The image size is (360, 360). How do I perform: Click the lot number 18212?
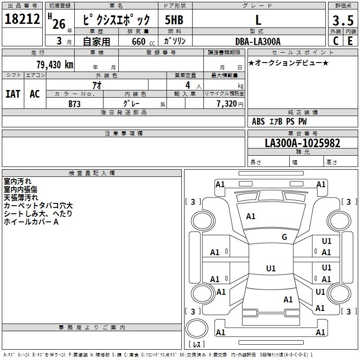[x=22, y=19]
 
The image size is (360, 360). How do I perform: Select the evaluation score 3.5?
[x=343, y=21]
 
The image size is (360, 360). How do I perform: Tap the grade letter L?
[x=258, y=20]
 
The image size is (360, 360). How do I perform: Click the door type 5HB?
[x=175, y=20]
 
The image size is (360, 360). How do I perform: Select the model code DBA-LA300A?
[x=258, y=41]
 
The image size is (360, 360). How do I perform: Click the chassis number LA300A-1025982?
[x=302, y=144]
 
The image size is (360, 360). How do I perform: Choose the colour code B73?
[x=75, y=104]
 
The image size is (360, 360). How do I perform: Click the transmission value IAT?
[x=13, y=94]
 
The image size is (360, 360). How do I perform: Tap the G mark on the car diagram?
[x=284, y=237]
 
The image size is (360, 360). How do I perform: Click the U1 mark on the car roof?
[x=271, y=269]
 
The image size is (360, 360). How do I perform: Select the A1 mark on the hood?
[x=251, y=216]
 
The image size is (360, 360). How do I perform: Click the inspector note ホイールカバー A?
[x=31, y=222]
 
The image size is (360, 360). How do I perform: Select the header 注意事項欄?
[x=124, y=134]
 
